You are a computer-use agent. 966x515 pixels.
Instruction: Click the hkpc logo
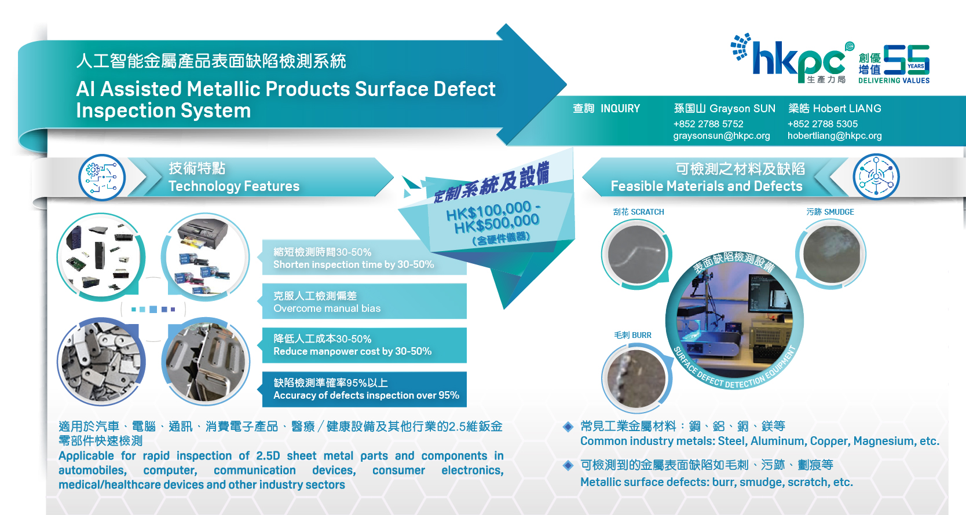point(792,58)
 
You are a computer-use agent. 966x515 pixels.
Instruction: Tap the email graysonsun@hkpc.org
point(722,136)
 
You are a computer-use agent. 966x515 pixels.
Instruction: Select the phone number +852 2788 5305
point(822,124)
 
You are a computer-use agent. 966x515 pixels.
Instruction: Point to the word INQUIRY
point(620,109)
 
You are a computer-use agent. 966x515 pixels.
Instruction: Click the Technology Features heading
point(234,186)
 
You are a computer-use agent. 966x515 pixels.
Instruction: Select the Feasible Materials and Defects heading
point(707,186)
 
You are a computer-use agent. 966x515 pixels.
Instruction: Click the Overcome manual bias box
point(364,301)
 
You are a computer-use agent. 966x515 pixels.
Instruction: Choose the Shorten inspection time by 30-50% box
point(364,257)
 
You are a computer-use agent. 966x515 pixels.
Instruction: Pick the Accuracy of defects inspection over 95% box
point(364,389)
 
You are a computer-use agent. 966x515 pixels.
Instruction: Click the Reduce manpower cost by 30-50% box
point(364,345)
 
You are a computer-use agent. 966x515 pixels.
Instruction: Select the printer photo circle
point(205,257)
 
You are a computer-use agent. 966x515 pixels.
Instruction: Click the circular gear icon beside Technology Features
point(102,177)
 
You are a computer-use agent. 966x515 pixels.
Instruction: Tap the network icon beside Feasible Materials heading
point(876,176)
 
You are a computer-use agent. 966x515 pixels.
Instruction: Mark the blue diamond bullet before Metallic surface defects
point(568,465)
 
